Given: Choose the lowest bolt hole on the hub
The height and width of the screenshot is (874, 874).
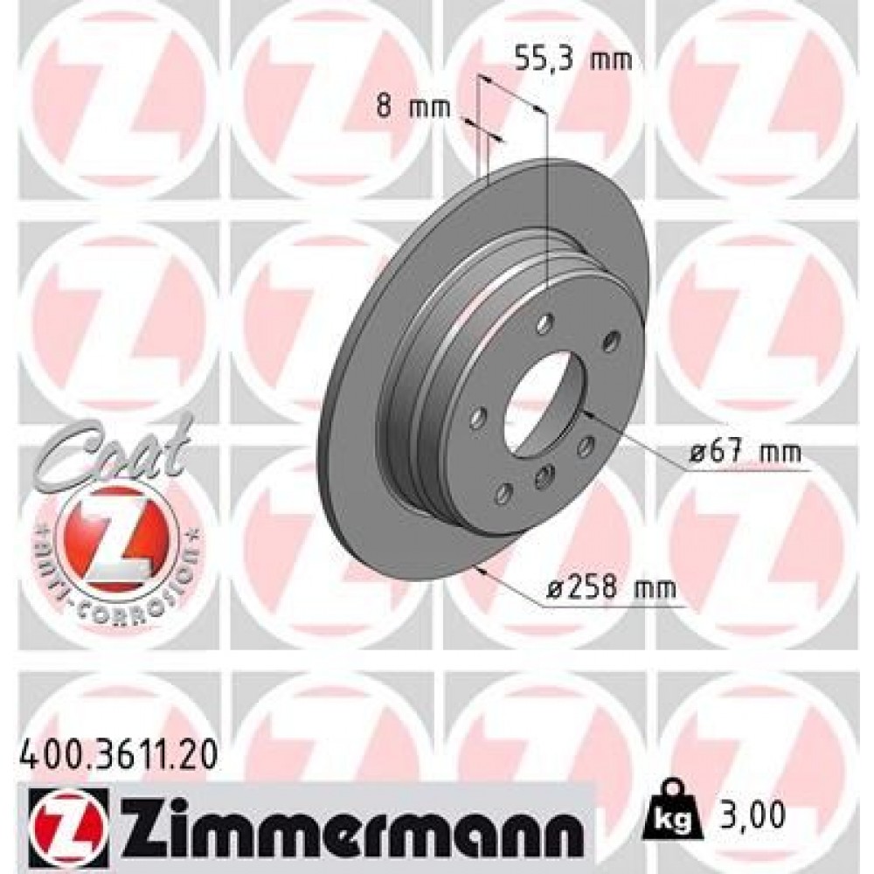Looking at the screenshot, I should pos(503,495).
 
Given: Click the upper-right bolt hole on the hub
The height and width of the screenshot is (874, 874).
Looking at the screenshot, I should pos(611,339).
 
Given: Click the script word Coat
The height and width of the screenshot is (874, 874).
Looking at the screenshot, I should pos(114,449).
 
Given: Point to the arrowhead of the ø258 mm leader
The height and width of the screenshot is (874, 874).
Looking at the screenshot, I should pos(480,569).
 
